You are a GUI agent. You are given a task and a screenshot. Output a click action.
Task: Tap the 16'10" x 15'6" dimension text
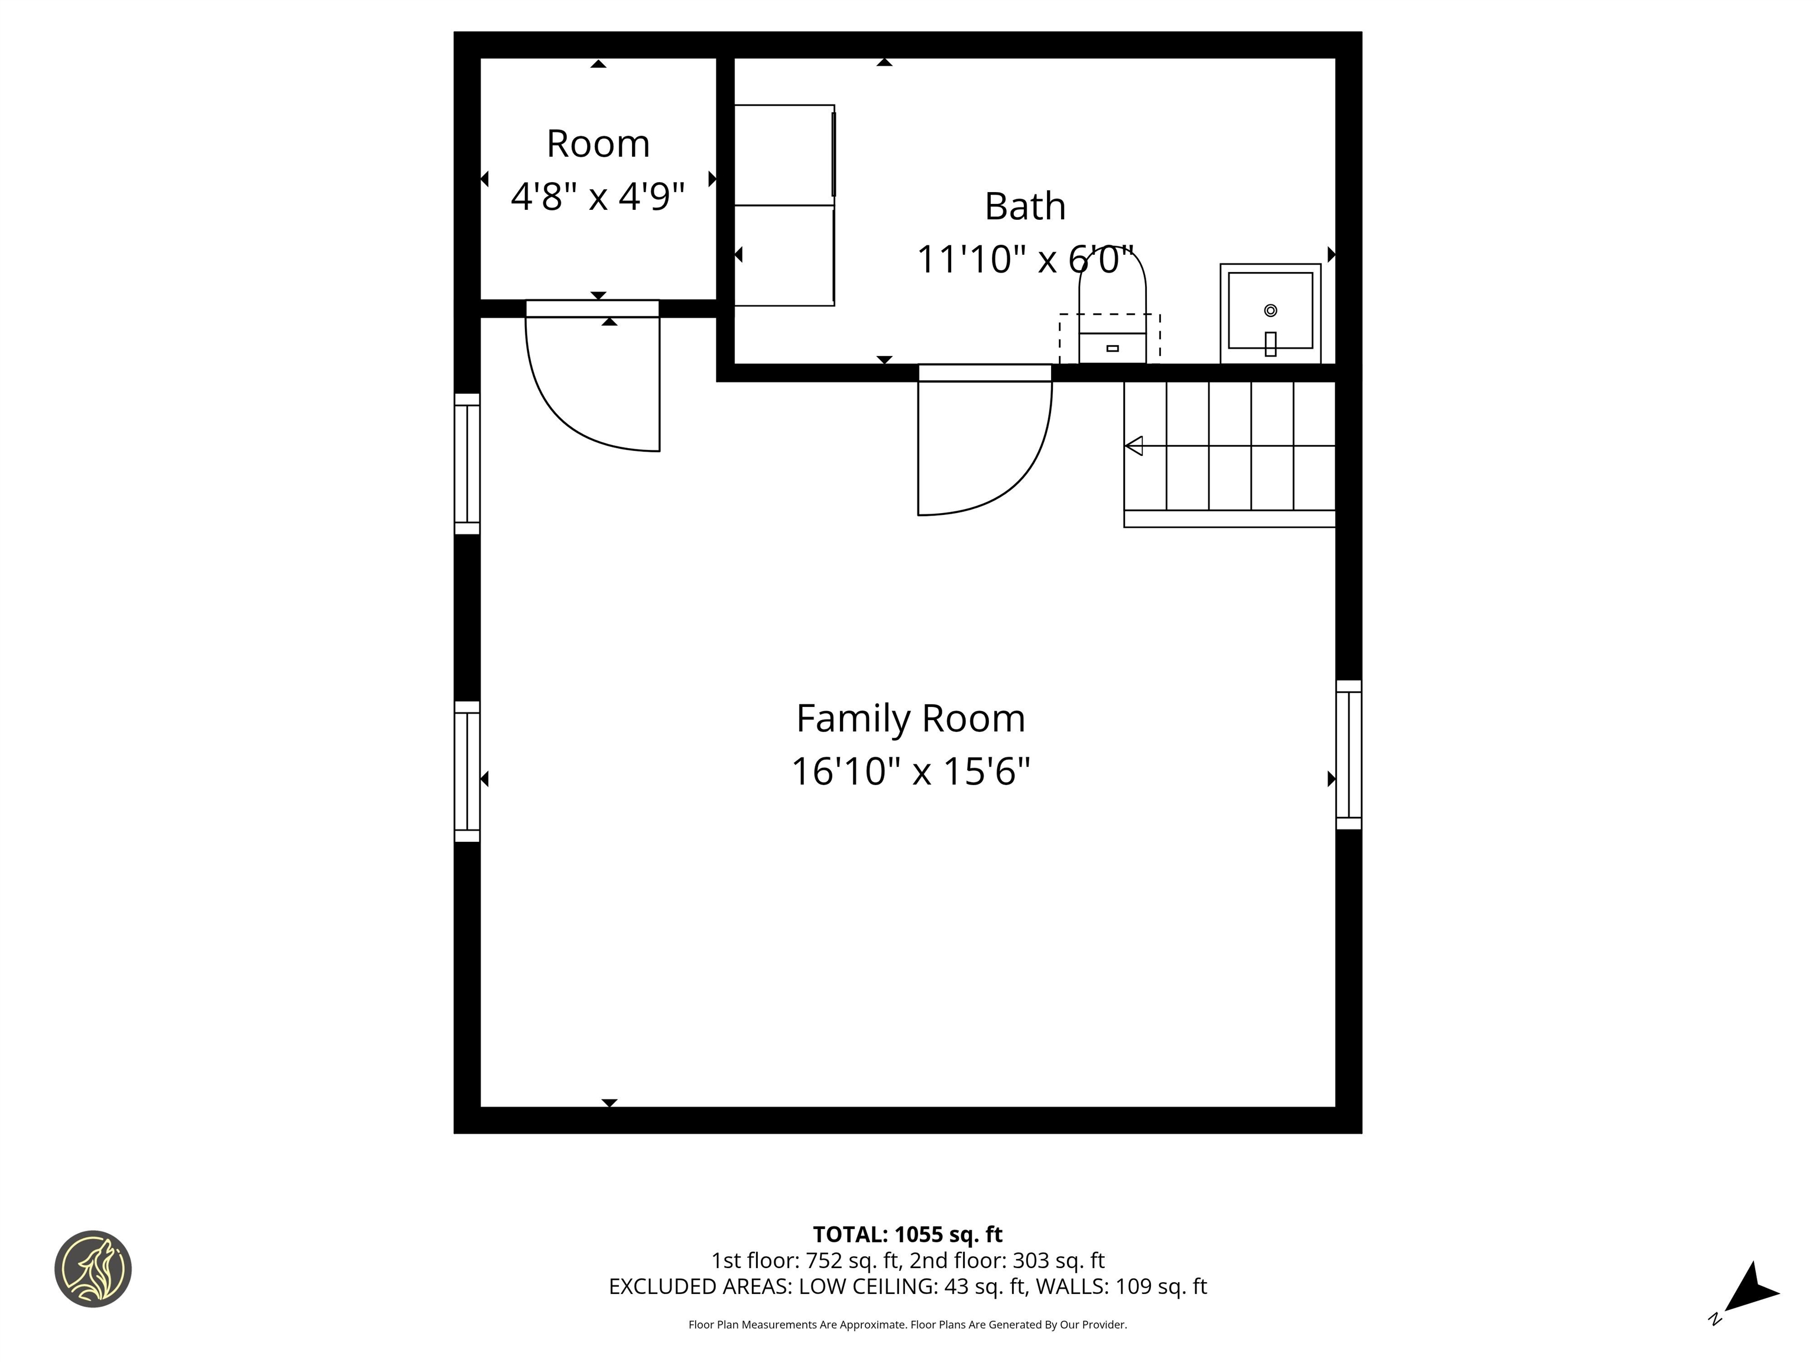(910, 771)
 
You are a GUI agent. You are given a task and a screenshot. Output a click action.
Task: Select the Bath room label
(1024, 206)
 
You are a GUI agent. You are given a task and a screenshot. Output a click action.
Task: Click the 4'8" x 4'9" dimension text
(598, 197)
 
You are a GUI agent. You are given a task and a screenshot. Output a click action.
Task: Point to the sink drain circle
(1270, 310)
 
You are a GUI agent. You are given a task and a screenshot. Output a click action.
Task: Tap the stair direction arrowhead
(1134, 446)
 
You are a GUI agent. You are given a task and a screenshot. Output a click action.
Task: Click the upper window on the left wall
(467, 464)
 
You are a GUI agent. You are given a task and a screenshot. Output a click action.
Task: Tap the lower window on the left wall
(467, 771)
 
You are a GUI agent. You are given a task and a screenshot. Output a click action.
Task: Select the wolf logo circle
(93, 1269)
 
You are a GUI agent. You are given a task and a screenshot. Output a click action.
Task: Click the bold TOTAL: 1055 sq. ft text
(907, 1235)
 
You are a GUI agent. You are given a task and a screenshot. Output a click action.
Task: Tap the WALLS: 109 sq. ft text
(1121, 1286)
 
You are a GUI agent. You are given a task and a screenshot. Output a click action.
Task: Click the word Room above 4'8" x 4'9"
(598, 144)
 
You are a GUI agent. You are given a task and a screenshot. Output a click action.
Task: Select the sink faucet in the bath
(1270, 343)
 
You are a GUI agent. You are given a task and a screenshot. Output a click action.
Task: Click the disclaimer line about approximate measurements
(907, 1324)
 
